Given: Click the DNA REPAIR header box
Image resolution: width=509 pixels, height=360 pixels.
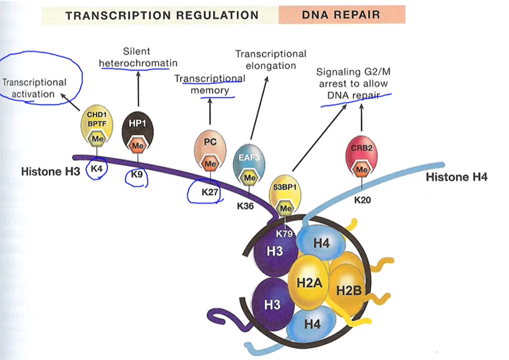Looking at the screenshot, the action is [x=342, y=15].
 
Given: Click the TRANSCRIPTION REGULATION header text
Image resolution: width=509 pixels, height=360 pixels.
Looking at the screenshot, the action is [x=162, y=15].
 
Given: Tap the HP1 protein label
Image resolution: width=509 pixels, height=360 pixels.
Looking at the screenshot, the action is [x=137, y=123].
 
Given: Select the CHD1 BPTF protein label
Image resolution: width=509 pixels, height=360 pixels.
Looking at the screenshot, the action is [x=97, y=119].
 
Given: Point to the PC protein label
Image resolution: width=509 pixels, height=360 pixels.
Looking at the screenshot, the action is [x=211, y=142].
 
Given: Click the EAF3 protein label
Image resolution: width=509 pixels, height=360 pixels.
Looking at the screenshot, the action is [x=249, y=157].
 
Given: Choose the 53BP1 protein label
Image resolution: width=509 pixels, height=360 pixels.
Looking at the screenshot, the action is [x=285, y=187].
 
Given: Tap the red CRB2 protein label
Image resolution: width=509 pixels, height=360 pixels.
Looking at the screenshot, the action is [x=361, y=148].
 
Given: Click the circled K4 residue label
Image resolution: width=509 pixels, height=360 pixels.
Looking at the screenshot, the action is [x=97, y=168].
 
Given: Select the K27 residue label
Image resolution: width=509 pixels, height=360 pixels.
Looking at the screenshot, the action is [x=209, y=192].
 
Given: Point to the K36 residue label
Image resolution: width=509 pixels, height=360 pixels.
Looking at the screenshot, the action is [x=245, y=206].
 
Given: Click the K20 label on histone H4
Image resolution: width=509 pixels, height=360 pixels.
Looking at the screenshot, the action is [x=362, y=200].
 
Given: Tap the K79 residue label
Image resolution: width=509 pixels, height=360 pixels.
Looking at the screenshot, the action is [x=284, y=233].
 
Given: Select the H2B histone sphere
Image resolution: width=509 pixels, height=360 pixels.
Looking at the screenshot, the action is [x=348, y=289].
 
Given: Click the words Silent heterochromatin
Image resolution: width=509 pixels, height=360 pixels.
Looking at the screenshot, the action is [x=138, y=57].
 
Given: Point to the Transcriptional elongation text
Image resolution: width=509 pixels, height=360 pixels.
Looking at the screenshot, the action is [x=271, y=60].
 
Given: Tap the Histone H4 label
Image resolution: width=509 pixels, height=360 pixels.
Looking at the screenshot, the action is [x=456, y=177].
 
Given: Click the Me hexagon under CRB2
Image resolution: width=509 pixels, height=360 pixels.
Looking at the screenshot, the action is [x=361, y=169].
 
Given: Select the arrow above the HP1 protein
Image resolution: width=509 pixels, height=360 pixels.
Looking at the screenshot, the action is [x=138, y=89].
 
